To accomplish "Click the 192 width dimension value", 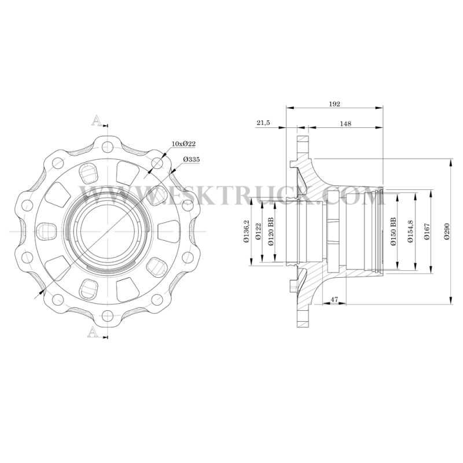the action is pyautogui.click(x=335, y=104).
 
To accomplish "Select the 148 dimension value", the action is pyautogui.click(x=346, y=123).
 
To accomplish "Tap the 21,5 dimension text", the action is pyautogui.click(x=263, y=123).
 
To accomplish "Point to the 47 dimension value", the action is pyautogui.click(x=334, y=299).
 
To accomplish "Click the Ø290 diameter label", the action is pyautogui.click(x=447, y=231).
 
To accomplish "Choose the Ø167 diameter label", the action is pyautogui.click(x=427, y=231).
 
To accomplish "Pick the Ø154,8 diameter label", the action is pyautogui.click(x=410, y=231).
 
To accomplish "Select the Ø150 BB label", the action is pyautogui.click(x=393, y=231).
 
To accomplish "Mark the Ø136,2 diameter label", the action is pyautogui.click(x=247, y=231).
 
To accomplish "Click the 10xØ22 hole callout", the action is pyautogui.click(x=183, y=144).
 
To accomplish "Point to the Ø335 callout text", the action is pyautogui.click(x=192, y=160).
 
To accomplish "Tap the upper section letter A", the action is pyautogui.click(x=96, y=121).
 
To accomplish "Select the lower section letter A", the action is pyautogui.click(x=93, y=332).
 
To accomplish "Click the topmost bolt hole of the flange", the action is pyautogui.click(x=108, y=147).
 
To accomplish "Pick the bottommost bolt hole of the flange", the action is pyautogui.click(x=108, y=317).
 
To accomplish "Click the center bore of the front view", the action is pyautogui.click(x=108, y=231).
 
